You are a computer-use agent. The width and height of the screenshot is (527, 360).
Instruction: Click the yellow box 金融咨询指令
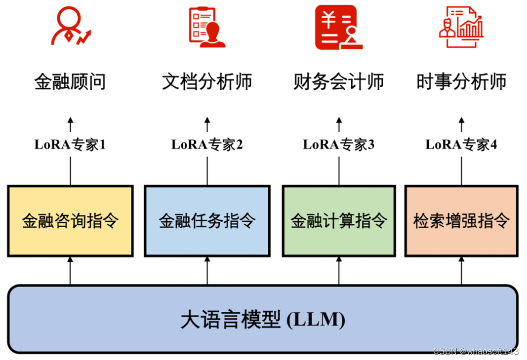[x=70, y=221]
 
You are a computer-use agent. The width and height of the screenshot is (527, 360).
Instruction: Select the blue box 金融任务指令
[x=207, y=221]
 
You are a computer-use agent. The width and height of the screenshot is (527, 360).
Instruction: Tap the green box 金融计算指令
[x=339, y=221]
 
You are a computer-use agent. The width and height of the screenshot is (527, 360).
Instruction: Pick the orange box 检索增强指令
[x=462, y=221]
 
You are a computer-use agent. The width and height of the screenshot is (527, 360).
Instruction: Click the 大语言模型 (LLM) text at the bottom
[x=263, y=320]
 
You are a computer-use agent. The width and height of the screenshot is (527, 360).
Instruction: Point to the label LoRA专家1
[x=70, y=145]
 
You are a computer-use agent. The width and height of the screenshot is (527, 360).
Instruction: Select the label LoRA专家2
[x=207, y=145]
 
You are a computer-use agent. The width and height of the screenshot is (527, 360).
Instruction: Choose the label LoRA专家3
[x=339, y=145]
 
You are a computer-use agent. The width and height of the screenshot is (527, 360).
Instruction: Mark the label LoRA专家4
[x=462, y=145]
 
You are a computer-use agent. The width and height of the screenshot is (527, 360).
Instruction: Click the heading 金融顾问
[x=70, y=82]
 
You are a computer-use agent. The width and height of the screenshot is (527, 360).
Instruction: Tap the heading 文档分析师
[x=207, y=82]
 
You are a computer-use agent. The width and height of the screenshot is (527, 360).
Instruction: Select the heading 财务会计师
[x=339, y=82]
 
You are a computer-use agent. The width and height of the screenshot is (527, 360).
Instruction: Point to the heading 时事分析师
[x=462, y=82]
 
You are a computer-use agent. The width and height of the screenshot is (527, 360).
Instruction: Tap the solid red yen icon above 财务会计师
[x=336, y=27]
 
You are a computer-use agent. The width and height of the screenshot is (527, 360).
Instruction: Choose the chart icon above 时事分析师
[x=461, y=27]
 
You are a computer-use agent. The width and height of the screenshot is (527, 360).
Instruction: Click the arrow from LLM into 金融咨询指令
[x=70, y=271]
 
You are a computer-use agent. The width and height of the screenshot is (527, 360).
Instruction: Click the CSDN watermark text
[x=476, y=351]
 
